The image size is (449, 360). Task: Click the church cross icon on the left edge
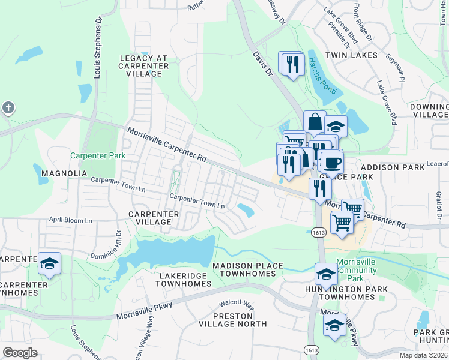[x=7, y=108]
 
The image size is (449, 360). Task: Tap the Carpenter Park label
[x=98, y=155]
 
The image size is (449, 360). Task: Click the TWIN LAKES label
[x=351, y=55]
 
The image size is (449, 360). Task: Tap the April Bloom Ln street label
[x=70, y=221]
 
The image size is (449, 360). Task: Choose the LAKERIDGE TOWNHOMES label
[x=182, y=280]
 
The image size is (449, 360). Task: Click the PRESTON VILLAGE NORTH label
[x=232, y=319]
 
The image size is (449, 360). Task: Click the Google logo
[x=20, y=353]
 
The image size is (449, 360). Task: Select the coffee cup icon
[x=331, y=161]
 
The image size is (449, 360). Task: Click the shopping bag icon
[x=315, y=122]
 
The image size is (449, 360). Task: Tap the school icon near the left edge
[x=49, y=263]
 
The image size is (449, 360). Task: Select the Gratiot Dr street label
[x=439, y=205]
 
